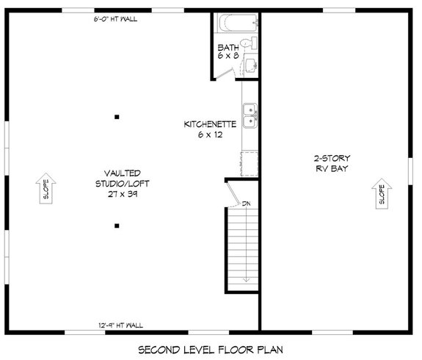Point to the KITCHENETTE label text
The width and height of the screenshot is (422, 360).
click(209, 125)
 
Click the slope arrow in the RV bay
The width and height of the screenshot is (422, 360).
click(381, 192)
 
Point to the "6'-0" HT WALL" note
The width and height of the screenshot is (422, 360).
click(116, 19)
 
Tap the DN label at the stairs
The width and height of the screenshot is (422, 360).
click(247, 204)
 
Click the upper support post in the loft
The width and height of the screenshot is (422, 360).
click(117, 116)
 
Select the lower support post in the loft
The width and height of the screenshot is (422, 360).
click(117, 226)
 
